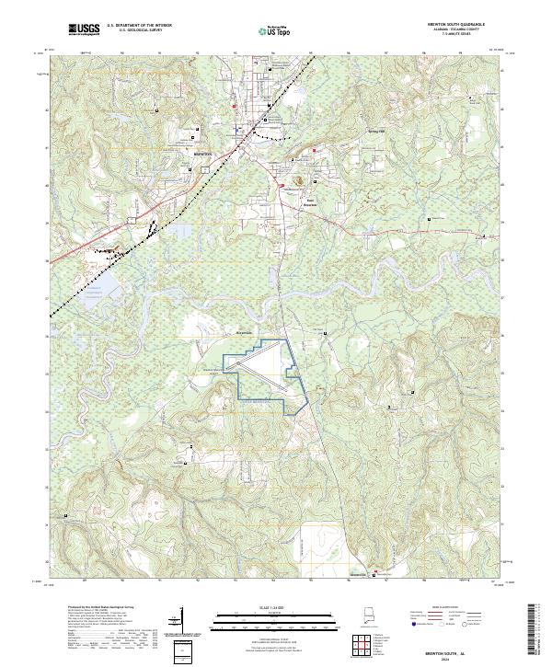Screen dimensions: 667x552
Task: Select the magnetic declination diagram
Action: click(x=178, y=623)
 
